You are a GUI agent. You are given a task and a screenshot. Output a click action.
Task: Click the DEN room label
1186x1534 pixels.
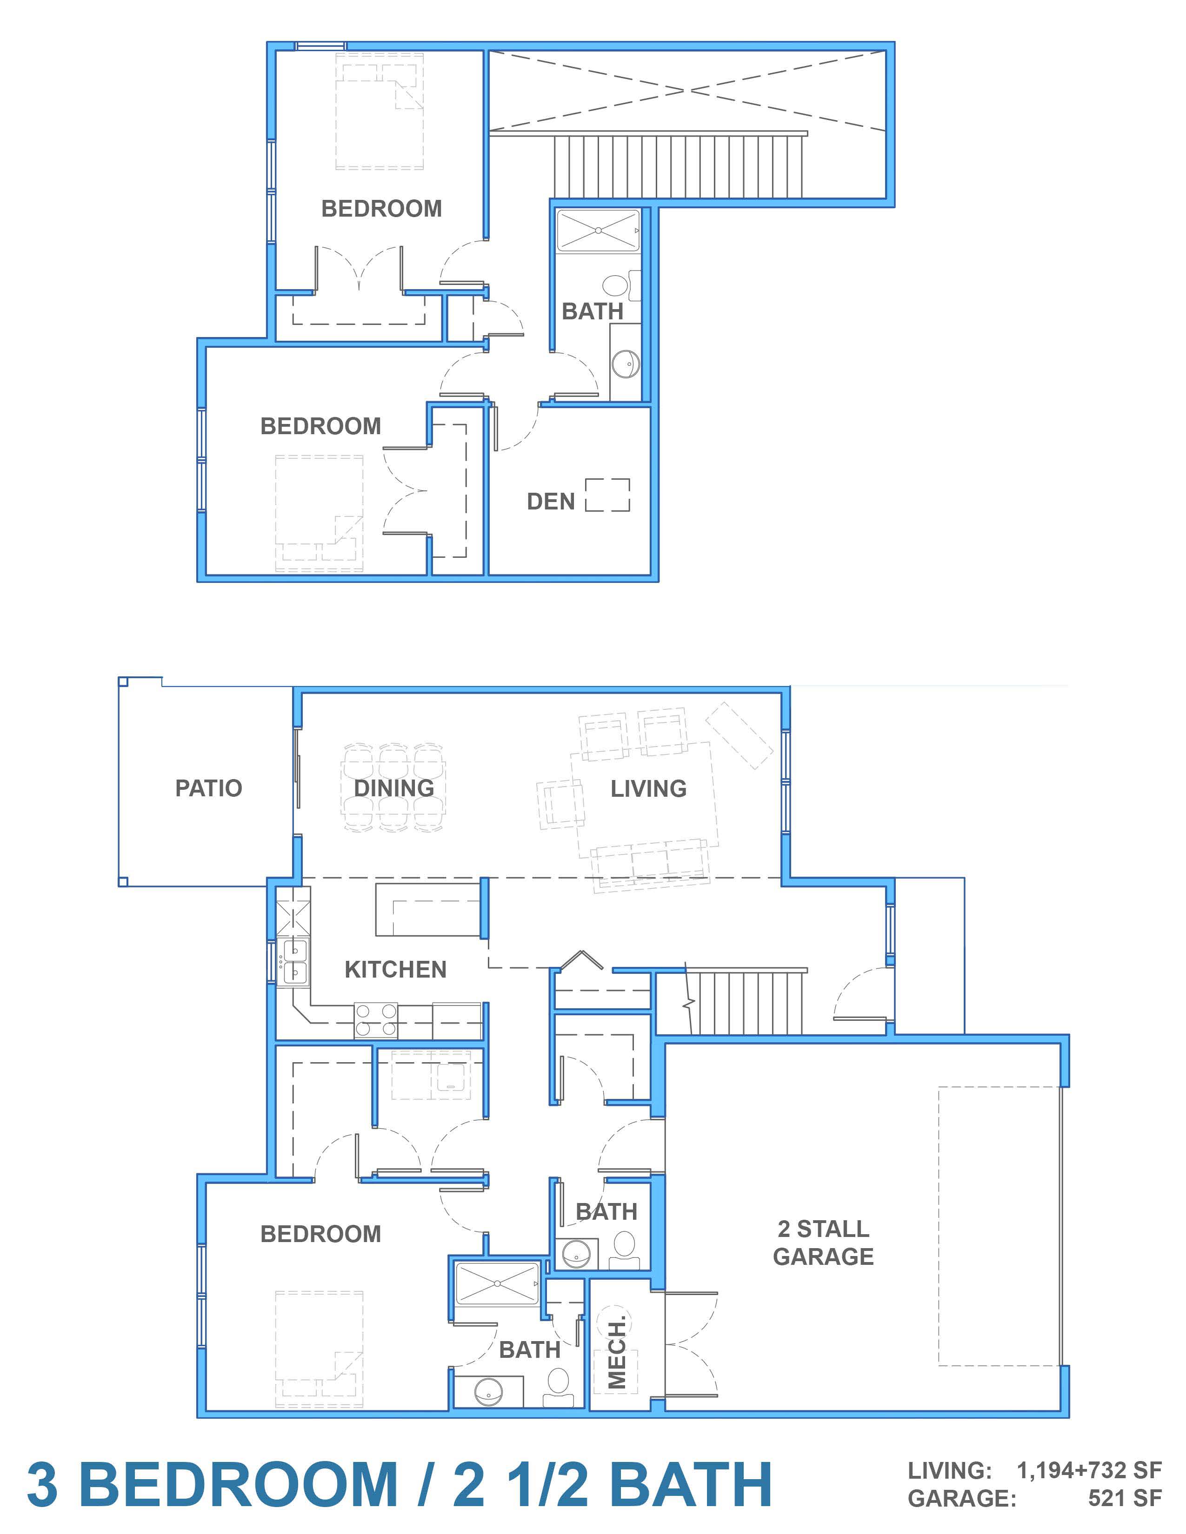pyautogui.click(x=551, y=502)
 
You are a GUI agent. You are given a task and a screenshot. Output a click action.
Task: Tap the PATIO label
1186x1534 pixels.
pyautogui.click(x=209, y=788)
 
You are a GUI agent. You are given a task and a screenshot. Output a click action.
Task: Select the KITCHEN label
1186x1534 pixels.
pyautogui.click(x=396, y=969)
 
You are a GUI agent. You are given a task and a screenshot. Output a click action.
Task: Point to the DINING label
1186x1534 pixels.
pyautogui.click(x=393, y=788)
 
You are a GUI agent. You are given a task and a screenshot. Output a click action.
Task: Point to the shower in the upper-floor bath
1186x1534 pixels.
pyautogui.click(x=598, y=231)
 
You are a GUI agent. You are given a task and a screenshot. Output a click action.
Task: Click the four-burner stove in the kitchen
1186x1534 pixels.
pyautogui.click(x=375, y=1020)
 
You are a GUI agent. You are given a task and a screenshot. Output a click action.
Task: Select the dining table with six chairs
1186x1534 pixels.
pyautogui.click(x=393, y=788)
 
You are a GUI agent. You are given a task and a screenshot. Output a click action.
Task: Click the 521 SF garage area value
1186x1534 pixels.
pyautogui.click(x=1125, y=1498)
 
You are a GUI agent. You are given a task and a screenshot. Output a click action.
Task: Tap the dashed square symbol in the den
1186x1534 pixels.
pyautogui.click(x=608, y=495)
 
